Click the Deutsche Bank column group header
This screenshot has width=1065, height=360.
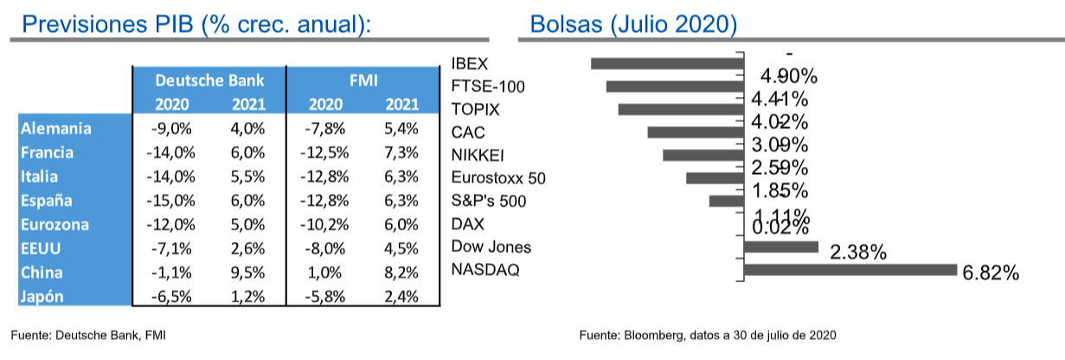coord(209,81)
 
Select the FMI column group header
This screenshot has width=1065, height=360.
coord(362,81)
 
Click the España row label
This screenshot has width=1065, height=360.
coord(48,201)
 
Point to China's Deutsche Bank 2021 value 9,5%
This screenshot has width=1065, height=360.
coord(247,273)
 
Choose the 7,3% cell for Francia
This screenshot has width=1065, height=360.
coord(401,153)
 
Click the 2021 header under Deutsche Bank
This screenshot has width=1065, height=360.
coord(248,106)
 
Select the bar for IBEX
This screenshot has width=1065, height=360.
coord(667,63)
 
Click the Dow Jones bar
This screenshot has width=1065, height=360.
coord(780,247)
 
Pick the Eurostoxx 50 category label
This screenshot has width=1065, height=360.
coord(499,179)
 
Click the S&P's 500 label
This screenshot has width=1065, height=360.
coord(491,202)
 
